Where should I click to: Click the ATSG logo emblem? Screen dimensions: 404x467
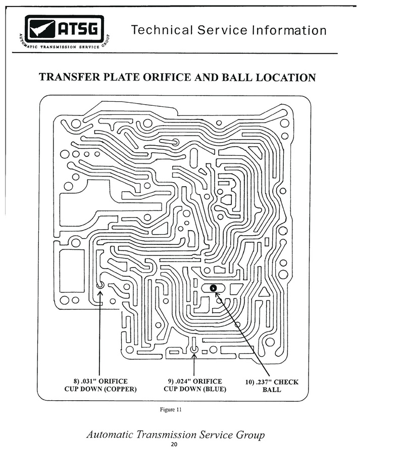pyautogui.click(x=64, y=31)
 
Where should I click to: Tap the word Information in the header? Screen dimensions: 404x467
pyautogui.click(x=289, y=30)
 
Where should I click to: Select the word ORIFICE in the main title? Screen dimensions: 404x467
pyautogui.click(x=167, y=77)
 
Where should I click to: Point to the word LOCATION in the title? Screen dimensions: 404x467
pyautogui.click(x=286, y=77)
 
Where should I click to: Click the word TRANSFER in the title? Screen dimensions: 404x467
pyautogui.click(x=70, y=77)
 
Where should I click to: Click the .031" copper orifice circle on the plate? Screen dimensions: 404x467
pyautogui.click(x=100, y=285)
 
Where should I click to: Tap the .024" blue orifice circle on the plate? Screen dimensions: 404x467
pyautogui.click(x=194, y=349)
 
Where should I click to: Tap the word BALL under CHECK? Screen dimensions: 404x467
pyautogui.click(x=272, y=390)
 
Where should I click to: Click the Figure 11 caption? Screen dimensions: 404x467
pyautogui.click(x=171, y=409)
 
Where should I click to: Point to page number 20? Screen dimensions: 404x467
pyautogui.click(x=174, y=444)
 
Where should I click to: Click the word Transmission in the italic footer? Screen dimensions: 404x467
pyautogui.click(x=166, y=435)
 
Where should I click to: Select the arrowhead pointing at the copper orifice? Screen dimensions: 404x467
pyautogui.click(x=100, y=293)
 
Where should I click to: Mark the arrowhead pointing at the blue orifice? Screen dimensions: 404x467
pyautogui.click(x=194, y=356)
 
